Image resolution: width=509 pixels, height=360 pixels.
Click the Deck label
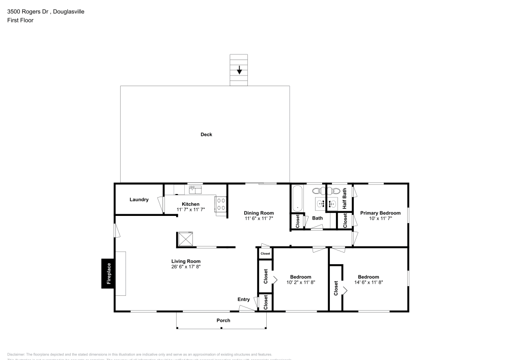[x=206, y=134]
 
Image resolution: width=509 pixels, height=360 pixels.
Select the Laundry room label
[x=139, y=200]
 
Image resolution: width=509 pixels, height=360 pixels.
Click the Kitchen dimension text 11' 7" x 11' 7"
[x=190, y=209]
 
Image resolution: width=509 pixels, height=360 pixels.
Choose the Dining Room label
[x=259, y=213]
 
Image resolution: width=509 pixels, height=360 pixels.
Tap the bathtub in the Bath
[x=297, y=199]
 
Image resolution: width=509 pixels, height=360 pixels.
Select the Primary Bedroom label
[x=380, y=213]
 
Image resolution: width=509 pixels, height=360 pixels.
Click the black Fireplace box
[x=108, y=274]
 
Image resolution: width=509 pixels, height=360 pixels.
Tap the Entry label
[x=244, y=299]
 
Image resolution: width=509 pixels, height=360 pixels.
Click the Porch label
[x=223, y=320]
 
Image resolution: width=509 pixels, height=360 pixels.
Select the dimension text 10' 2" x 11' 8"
[x=301, y=282]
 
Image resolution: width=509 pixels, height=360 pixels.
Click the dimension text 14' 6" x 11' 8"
[x=368, y=282]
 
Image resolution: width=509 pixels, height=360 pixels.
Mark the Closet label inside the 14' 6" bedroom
[x=336, y=288]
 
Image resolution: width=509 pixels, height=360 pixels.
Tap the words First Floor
[x=20, y=20]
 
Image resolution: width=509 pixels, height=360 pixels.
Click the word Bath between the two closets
[x=318, y=218]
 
